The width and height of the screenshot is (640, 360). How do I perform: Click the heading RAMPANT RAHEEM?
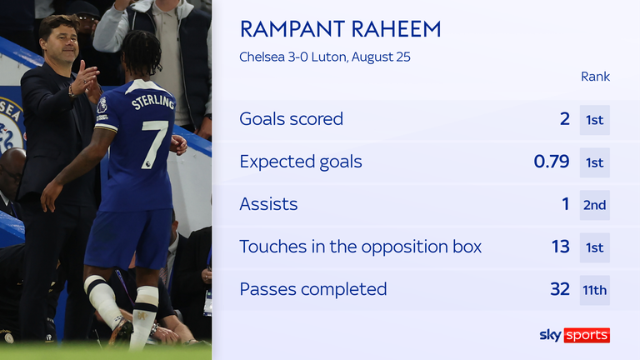click(x=340, y=29)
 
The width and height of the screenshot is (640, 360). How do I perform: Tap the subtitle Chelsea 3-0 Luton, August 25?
click(x=325, y=57)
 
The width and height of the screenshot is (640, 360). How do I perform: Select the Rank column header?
click(x=595, y=77)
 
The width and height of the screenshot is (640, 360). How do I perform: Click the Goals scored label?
click(x=292, y=119)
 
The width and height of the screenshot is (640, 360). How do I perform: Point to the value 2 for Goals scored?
click(x=564, y=119)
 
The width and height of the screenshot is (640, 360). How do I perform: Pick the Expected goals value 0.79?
click(x=552, y=162)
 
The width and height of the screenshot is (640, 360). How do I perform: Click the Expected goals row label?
click(x=301, y=162)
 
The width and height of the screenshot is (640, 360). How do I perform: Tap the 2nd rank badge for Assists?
click(x=595, y=205)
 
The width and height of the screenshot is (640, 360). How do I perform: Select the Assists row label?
click(x=268, y=204)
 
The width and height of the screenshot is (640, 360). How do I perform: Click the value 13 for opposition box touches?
click(x=560, y=247)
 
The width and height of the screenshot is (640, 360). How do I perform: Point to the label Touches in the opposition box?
click(x=360, y=247)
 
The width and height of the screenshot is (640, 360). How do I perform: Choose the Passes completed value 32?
click(x=560, y=289)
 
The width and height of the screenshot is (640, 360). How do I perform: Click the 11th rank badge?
click(x=595, y=290)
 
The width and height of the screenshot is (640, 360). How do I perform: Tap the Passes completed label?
click(x=313, y=289)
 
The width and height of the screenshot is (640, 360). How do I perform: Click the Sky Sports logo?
click(x=575, y=335)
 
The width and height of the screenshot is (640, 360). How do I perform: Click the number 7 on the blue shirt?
click(x=153, y=143)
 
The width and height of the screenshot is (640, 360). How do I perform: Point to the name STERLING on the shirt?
click(x=152, y=102)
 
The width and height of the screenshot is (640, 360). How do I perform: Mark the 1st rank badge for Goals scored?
click(x=595, y=120)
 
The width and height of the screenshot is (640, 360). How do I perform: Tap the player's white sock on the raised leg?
click(x=102, y=299)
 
